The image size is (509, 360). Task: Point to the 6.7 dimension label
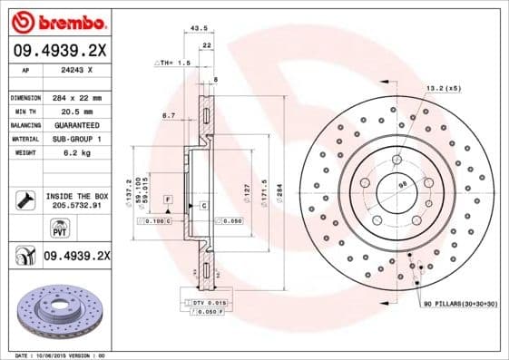(169, 115)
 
